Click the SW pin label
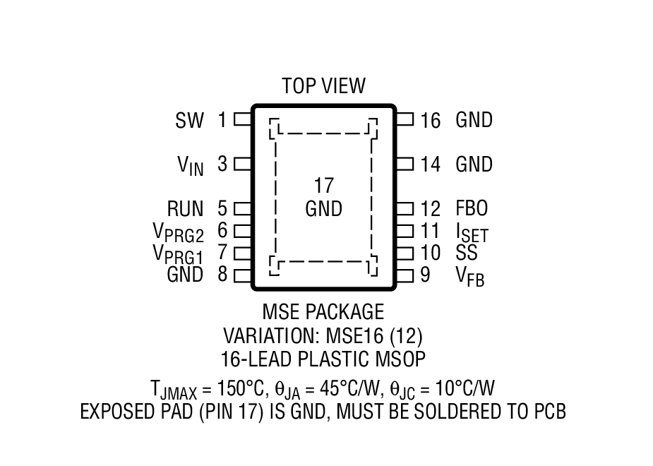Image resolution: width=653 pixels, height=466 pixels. (189, 121)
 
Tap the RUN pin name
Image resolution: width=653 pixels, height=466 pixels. (185, 209)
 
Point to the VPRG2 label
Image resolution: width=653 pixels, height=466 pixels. (178, 232)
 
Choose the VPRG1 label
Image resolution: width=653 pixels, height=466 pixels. (178, 253)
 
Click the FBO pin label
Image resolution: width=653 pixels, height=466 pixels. (472, 209)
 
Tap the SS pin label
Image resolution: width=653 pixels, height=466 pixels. (467, 253)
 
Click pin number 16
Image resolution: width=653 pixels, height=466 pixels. (430, 121)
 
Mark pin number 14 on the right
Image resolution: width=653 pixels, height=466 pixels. (430, 165)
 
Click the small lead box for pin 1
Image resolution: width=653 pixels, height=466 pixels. (242, 119)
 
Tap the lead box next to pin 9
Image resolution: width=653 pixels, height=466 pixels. (404, 275)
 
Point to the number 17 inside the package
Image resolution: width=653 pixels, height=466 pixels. (323, 186)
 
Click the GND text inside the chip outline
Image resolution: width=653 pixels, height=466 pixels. (323, 209)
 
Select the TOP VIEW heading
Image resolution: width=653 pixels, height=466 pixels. (323, 86)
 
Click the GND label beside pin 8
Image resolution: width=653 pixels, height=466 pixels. (185, 275)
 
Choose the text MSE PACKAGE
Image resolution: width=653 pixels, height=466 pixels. (323, 311)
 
